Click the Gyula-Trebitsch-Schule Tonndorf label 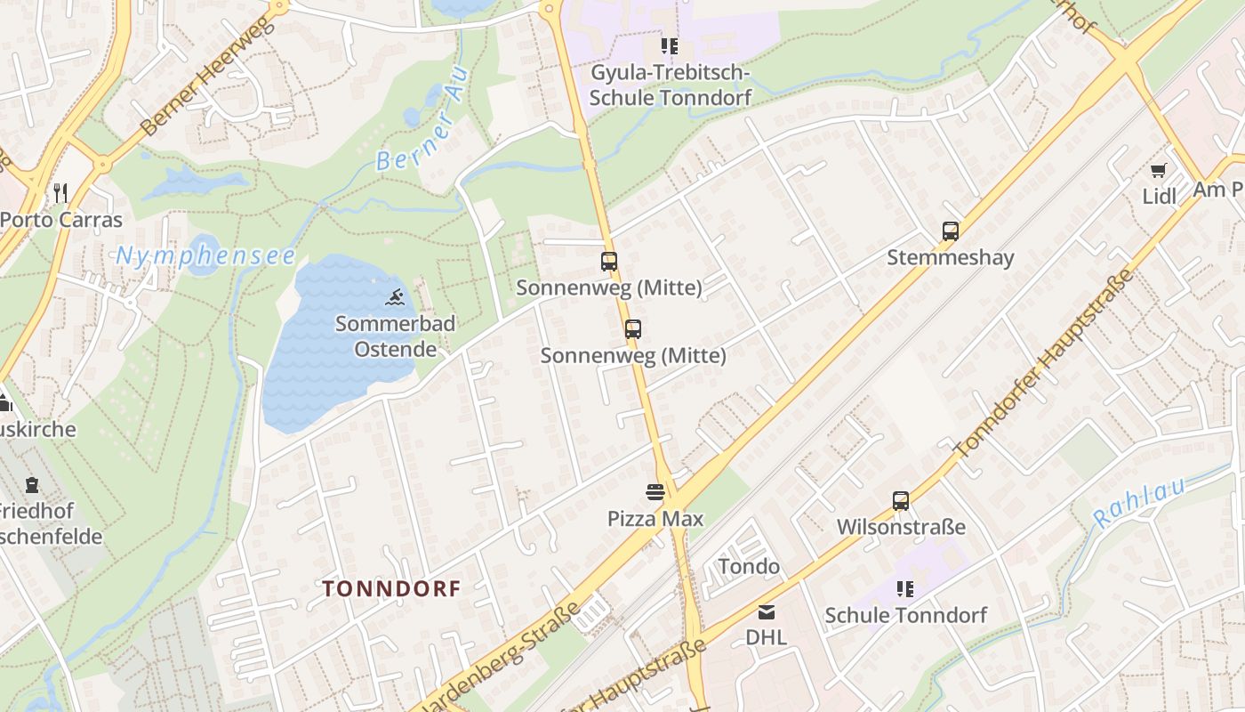[x=671, y=85]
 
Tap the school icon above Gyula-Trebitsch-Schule [x=669, y=46]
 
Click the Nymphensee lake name [x=205, y=256]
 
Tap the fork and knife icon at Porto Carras [x=60, y=192]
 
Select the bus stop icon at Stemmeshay [x=950, y=231]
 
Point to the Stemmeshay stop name [x=950, y=259]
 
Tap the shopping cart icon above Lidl [x=1158, y=170]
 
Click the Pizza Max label [x=655, y=519]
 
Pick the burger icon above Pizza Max [x=655, y=492]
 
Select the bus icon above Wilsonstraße [x=901, y=501]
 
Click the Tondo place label [x=749, y=567]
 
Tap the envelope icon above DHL [x=766, y=611]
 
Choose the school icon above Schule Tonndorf [x=904, y=588]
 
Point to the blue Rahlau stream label [x=1139, y=503]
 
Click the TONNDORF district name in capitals [x=391, y=588]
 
